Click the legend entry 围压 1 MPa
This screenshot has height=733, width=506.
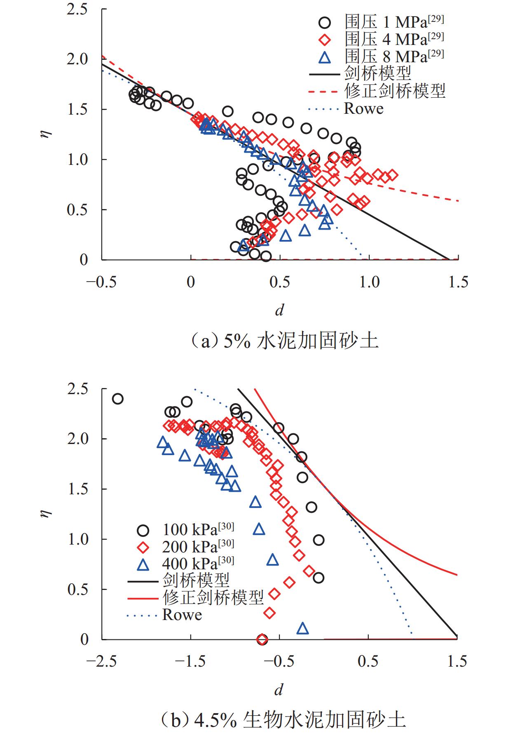tap(394, 22)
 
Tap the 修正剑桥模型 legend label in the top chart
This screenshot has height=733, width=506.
tap(394, 91)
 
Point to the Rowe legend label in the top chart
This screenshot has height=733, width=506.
tap(363, 108)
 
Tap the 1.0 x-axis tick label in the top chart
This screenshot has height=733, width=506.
tap(369, 282)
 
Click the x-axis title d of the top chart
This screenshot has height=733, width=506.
tap(279, 310)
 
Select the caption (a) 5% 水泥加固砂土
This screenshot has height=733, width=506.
tap(284, 342)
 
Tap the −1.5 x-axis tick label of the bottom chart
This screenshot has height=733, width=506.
tap(191, 662)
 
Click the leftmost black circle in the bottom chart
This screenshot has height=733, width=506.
tap(118, 399)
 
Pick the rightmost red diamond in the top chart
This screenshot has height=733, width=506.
tap(392, 175)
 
